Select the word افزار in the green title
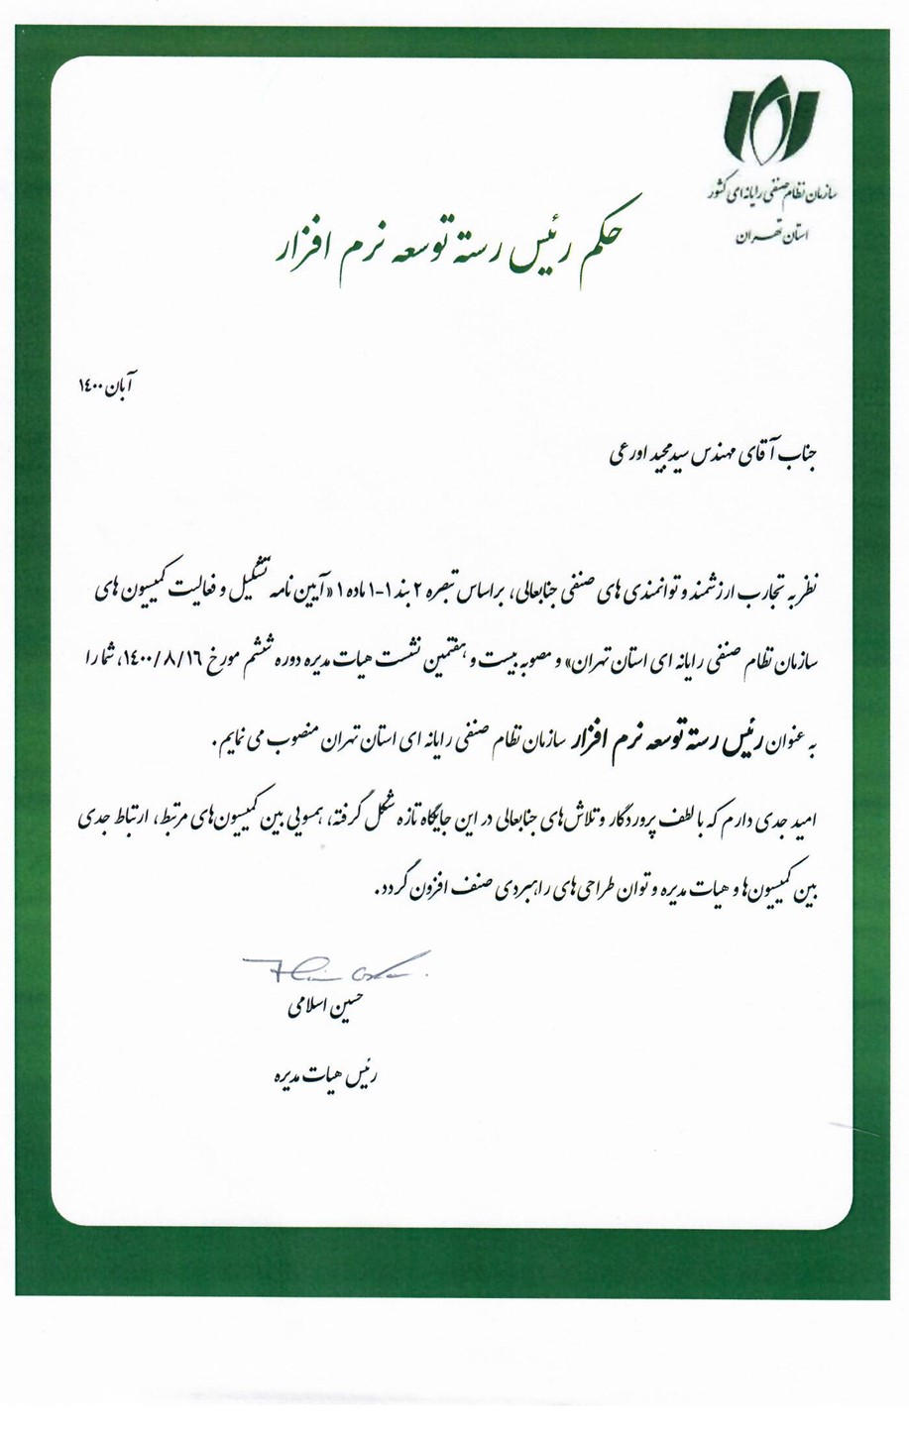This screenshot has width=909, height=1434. (303, 254)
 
